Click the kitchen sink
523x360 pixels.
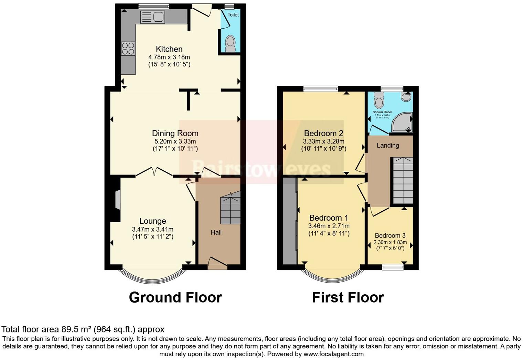click(153, 17)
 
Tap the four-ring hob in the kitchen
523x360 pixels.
click(128, 49)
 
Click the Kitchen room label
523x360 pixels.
click(169, 49)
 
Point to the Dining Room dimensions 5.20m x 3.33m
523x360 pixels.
click(175, 141)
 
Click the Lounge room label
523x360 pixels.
click(152, 221)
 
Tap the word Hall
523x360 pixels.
click(216, 232)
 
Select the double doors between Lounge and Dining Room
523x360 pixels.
click(154, 172)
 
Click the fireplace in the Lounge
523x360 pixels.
click(117, 200)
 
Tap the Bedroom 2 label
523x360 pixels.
click(323, 133)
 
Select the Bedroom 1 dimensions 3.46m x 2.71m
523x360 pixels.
click(329, 226)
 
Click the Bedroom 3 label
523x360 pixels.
click(390, 235)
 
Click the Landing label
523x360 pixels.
click(388, 145)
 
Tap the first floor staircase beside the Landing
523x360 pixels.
click(403, 181)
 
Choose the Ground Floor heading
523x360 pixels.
click(175, 297)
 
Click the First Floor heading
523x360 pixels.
click(348, 297)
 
